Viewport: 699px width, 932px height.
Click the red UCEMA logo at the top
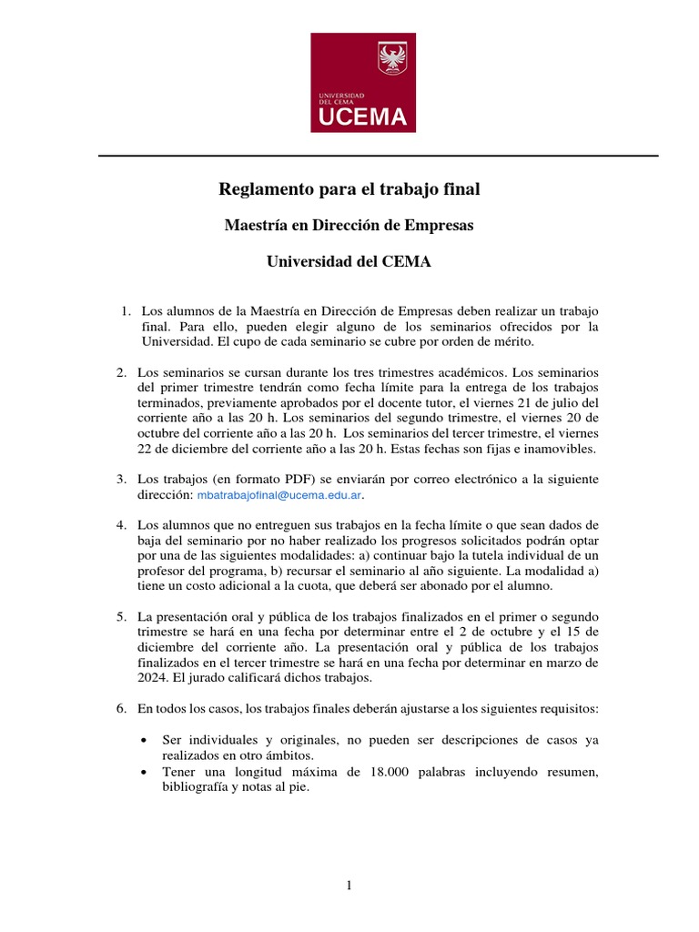pyautogui.click(x=363, y=83)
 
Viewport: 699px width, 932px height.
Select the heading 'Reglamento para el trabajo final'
pyautogui.click(x=349, y=189)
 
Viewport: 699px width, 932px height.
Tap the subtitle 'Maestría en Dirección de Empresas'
pyautogui.click(x=349, y=225)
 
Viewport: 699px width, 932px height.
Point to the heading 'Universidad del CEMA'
pyautogui.click(x=349, y=261)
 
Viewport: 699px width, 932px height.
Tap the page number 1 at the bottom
pyautogui.click(x=349, y=888)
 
